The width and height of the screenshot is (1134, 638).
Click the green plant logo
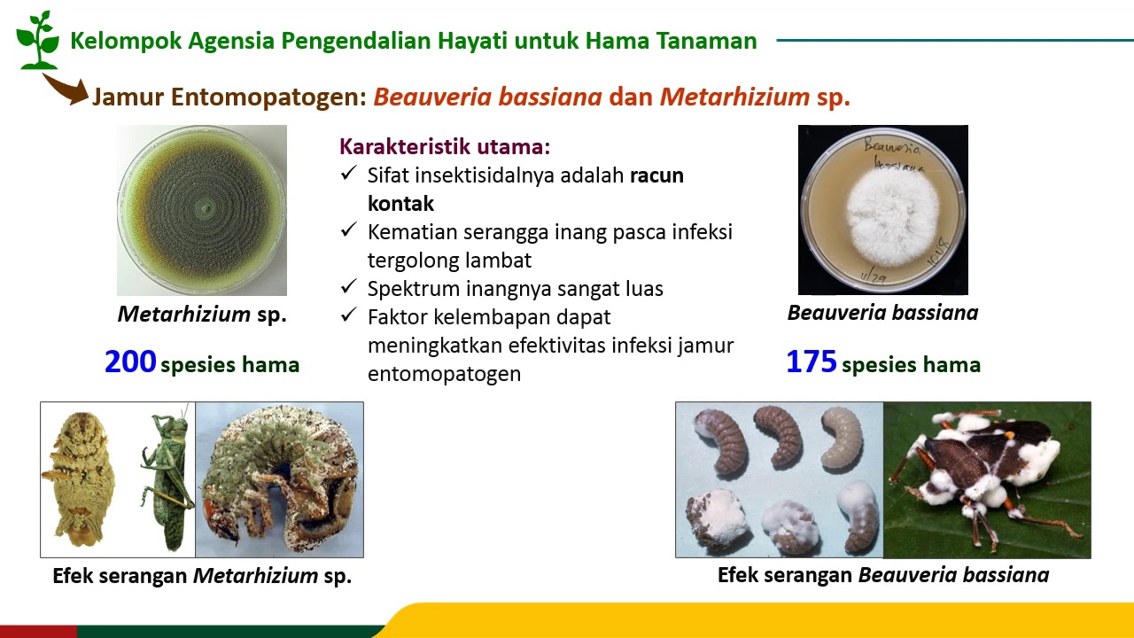coord(36,39)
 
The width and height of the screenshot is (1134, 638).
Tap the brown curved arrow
coord(66,89)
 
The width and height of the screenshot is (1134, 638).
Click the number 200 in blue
coord(130,362)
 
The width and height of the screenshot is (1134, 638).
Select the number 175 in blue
coord(812,362)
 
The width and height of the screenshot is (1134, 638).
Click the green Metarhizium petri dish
coord(202,210)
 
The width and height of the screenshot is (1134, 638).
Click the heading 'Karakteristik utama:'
coord(445,146)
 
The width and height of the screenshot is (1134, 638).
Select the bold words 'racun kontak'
coord(656,175)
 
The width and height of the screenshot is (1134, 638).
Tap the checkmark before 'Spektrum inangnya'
coord(348,287)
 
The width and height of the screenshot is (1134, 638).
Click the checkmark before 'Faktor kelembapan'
coord(348,315)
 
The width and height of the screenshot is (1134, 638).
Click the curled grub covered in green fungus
coord(279,479)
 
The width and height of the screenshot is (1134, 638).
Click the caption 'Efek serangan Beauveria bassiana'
coord(882,575)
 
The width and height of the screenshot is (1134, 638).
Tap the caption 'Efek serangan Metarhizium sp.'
coord(202,576)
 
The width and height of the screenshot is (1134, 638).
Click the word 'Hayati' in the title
coord(470,41)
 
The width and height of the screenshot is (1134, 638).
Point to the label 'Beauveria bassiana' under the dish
coord(882,313)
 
